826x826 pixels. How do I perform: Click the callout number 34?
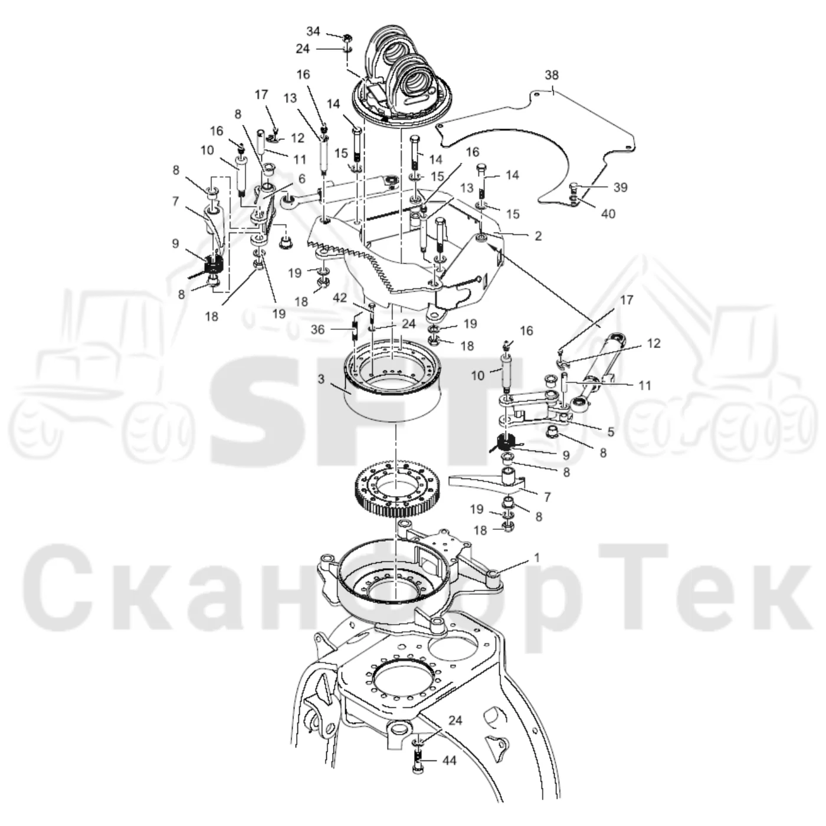[x=313, y=32]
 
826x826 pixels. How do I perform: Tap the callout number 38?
[x=552, y=75]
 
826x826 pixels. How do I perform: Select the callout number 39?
[x=620, y=188]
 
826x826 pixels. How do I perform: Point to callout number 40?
[x=608, y=214]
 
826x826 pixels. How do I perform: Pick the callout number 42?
[x=340, y=298]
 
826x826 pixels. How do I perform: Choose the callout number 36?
[x=318, y=330]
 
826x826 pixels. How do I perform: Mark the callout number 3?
[x=320, y=379]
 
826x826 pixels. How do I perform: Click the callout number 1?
[x=537, y=558]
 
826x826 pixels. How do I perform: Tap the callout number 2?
[x=539, y=236]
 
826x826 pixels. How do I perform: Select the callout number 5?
[x=611, y=432]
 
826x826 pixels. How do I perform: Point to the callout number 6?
[x=301, y=179]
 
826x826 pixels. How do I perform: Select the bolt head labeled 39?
[x=575, y=187]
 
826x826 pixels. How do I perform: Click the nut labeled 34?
[x=347, y=38]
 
